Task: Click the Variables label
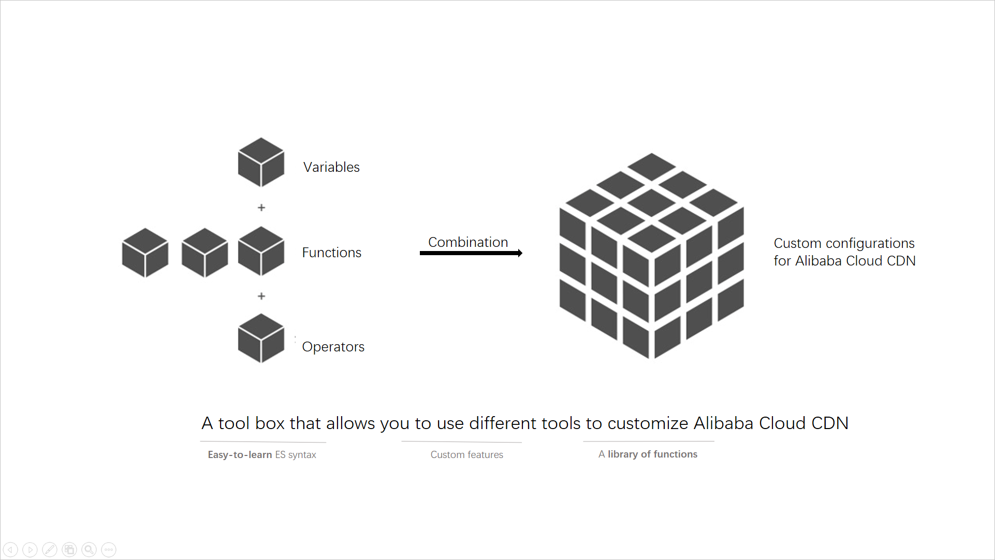click(x=331, y=167)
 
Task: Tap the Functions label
click(x=331, y=253)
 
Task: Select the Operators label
click(x=333, y=347)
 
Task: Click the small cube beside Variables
click(x=261, y=162)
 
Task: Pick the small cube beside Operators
click(x=261, y=338)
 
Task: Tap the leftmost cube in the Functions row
click(x=145, y=253)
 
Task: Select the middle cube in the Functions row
click(x=205, y=253)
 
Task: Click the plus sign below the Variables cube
click(x=261, y=208)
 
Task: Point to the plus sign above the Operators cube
click(x=261, y=296)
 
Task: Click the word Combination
click(x=468, y=242)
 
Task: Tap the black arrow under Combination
click(x=471, y=253)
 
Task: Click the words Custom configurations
click(x=844, y=243)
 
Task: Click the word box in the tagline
click(x=270, y=423)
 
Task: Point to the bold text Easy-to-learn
click(x=240, y=455)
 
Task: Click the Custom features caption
click(x=466, y=455)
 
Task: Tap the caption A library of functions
click(x=648, y=454)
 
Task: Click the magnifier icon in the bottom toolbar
click(x=89, y=550)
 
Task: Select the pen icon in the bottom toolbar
click(x=50, y=550)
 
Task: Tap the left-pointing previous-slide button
click(x=10, y=550)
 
